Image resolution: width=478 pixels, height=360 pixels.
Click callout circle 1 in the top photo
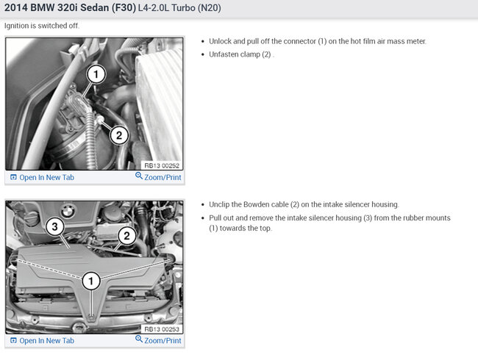pos(96,74)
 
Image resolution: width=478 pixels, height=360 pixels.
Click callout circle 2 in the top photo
pos(119,135)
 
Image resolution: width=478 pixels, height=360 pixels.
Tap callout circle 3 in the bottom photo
pos(54,226)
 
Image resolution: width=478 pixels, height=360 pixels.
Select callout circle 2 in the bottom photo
pos(126,235)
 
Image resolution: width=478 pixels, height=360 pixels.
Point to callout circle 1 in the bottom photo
pos(91,281)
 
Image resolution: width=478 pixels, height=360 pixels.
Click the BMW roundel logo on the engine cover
pos(68,211)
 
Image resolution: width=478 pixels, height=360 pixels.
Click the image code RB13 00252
pos(162,166)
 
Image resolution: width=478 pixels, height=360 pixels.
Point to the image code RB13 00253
pos(162,329)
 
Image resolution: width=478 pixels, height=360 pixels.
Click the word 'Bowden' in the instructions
pos(265,204)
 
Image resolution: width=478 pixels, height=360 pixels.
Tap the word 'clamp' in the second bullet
pos(249,54)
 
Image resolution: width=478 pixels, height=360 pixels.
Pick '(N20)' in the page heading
pos(210,7)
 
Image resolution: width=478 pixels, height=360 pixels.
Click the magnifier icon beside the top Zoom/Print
pos(139,176)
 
